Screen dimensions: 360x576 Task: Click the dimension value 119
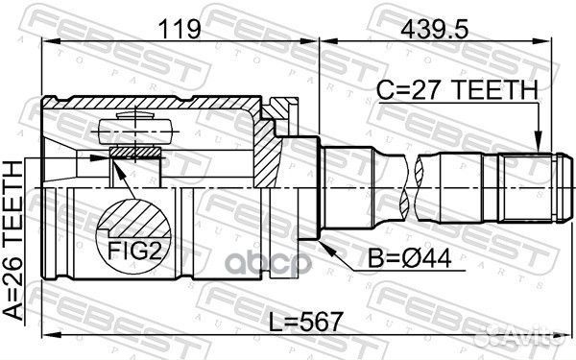pyautogui.click(x=180, y=29)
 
